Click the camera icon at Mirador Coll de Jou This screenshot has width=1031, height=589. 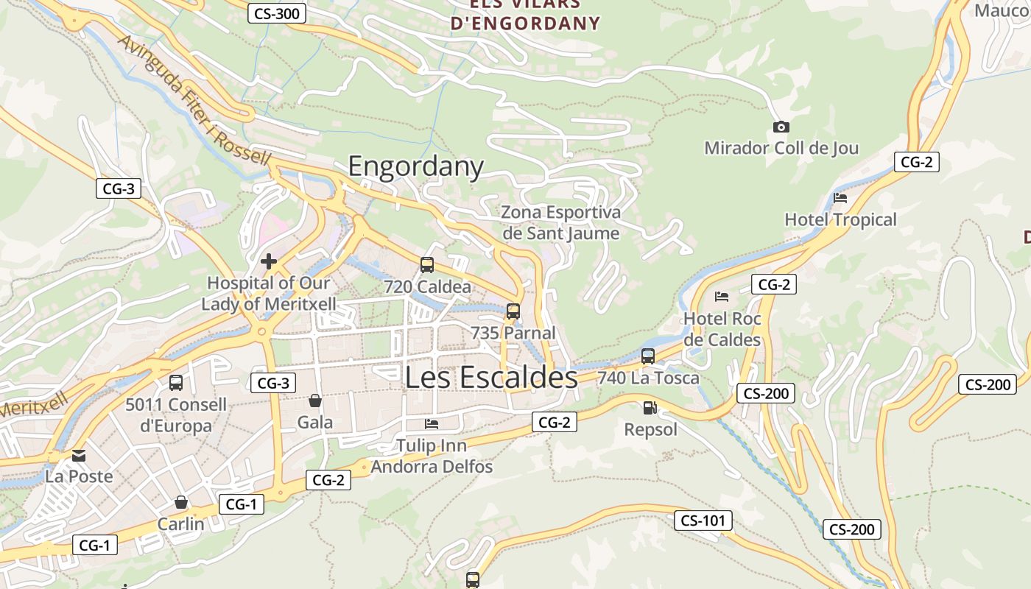point(781,127)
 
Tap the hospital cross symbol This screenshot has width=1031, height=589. point(269,261)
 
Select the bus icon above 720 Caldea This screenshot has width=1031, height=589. point(427,265)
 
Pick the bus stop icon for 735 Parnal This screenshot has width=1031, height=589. point(513,311)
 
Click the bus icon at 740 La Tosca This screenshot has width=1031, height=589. point(648,356)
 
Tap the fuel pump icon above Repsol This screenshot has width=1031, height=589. point(650,407)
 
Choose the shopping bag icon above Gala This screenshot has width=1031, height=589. point(315,401)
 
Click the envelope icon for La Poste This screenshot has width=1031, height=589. point(79,455)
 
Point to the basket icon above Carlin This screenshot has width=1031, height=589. point(181,502)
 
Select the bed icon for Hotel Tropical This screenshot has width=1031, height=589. point(840,198)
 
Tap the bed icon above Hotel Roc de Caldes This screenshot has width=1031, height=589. point(722,297)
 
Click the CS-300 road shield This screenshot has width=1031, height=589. point(277,13)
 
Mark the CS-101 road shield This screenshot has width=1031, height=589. point(703,521)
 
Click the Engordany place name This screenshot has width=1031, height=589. point(415,166)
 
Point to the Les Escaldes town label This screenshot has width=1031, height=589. point(491,377)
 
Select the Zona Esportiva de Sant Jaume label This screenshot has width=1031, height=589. point(560,222)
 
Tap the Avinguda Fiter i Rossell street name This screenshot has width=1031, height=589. point(194,102)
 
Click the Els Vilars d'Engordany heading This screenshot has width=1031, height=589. point(525,15)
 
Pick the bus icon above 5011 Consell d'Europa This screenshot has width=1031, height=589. point(176,383)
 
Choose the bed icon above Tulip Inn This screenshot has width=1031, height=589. point(432,424)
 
